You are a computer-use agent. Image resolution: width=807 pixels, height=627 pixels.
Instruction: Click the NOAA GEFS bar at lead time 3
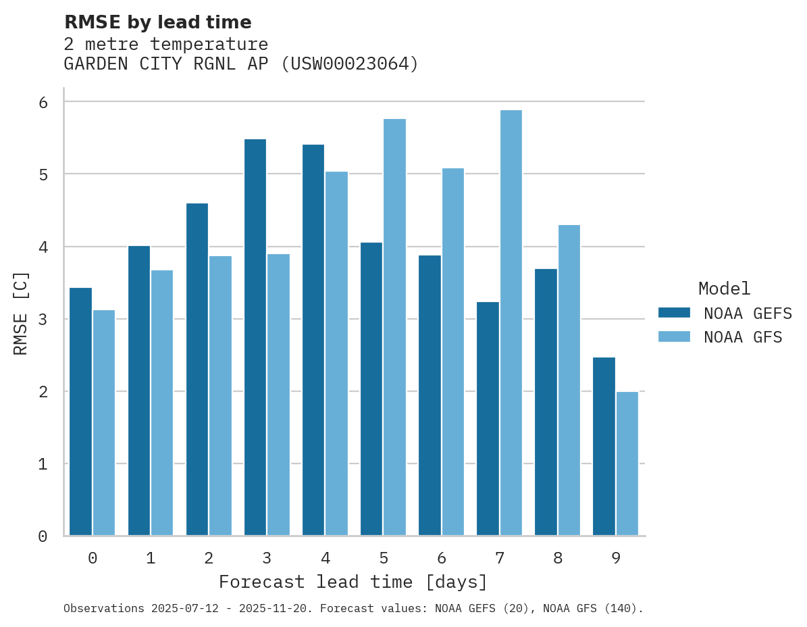255,338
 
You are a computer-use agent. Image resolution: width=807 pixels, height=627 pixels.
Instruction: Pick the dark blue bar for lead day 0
81,412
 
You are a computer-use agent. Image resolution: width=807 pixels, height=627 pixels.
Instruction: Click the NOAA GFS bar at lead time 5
394,328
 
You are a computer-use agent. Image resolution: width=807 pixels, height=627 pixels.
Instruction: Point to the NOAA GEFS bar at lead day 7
488,419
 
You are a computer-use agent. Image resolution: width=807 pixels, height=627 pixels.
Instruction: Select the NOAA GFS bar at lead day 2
220,396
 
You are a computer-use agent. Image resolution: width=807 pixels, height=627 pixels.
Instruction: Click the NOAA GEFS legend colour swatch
674,313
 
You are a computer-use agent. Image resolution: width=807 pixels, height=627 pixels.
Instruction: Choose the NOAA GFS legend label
743,337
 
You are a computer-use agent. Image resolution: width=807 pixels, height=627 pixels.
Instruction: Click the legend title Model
724,289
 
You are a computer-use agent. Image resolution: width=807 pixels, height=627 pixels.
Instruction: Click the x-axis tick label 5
384,559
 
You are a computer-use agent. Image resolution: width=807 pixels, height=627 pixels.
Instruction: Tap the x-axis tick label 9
615,559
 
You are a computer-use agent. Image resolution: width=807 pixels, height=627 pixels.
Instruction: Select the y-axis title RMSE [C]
21,313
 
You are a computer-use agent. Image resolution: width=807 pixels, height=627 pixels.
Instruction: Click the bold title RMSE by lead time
157,22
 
